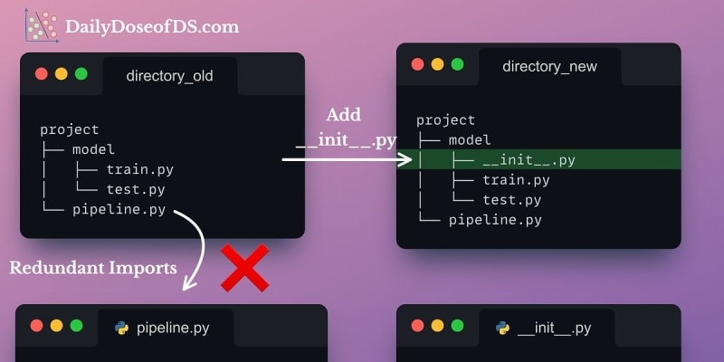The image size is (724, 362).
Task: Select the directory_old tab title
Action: click(170, 76)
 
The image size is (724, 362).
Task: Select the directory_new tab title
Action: click(549, 66)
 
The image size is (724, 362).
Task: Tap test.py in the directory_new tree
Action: click(511, 200)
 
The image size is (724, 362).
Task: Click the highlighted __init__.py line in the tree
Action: click(529, 160)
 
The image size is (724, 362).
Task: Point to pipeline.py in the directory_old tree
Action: click(119, 210)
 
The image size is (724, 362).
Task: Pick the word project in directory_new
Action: click(445, 120)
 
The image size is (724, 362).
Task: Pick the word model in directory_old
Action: click(93, 149)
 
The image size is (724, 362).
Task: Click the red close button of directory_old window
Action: click(41, 75)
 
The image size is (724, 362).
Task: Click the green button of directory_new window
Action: click(457, 64)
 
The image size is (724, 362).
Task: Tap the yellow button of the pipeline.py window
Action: click(56, 326)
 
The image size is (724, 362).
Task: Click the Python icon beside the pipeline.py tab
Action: click(121, 328)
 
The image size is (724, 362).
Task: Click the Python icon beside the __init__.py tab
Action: click(502, 328)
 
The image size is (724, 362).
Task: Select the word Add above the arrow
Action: click(343, 115)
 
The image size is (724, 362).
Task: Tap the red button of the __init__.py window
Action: click(417, 326)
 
